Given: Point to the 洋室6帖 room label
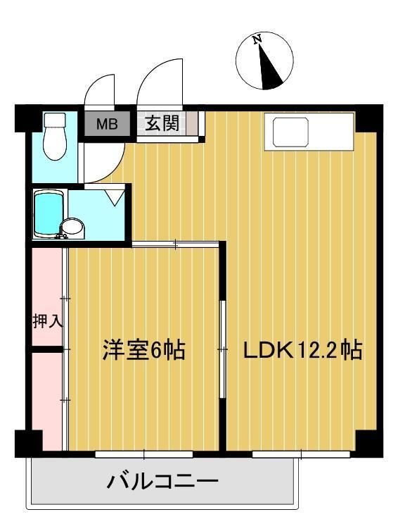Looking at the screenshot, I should (x=144, y=350).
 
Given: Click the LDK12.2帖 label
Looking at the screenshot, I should (x=302, y=350).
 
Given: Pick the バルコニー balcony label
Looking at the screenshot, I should (x=162, y=482).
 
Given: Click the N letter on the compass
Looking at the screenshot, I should (x=257, y=40).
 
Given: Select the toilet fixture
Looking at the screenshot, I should (x=53, y=137).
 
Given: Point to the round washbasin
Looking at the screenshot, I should (x=71, y=228).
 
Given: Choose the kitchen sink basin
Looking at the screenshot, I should (x=290, y=132).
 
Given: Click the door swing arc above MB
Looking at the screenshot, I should (x=98, y=90).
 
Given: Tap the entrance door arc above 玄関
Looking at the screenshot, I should (x=158, y=85).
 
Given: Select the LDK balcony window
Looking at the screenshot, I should (x=302, y=454).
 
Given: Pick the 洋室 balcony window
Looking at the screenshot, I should (x=143, y=454).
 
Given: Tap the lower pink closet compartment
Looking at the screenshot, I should (x=47, y=398).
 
